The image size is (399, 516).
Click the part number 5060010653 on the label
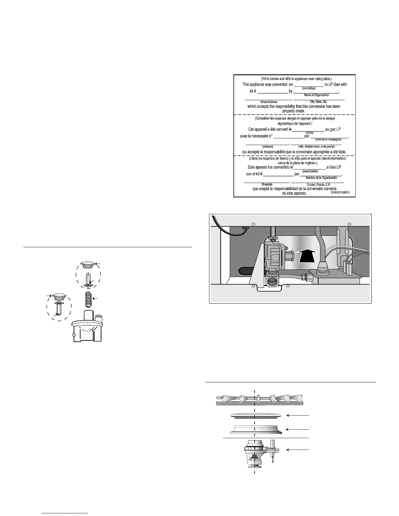[x=340, y=193]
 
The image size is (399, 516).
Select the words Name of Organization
[x=317, y=95]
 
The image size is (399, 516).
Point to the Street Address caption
[x=269, y=102]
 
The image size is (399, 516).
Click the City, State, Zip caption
[x=318, y=102]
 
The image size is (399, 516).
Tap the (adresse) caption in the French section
[x=268, y=147]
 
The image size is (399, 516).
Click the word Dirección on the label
[x=267, y=184]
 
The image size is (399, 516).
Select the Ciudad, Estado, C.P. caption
[x=318, y=185]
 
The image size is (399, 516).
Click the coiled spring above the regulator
[x=88, y=299]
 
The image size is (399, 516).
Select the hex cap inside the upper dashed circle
[x=88, y=265]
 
